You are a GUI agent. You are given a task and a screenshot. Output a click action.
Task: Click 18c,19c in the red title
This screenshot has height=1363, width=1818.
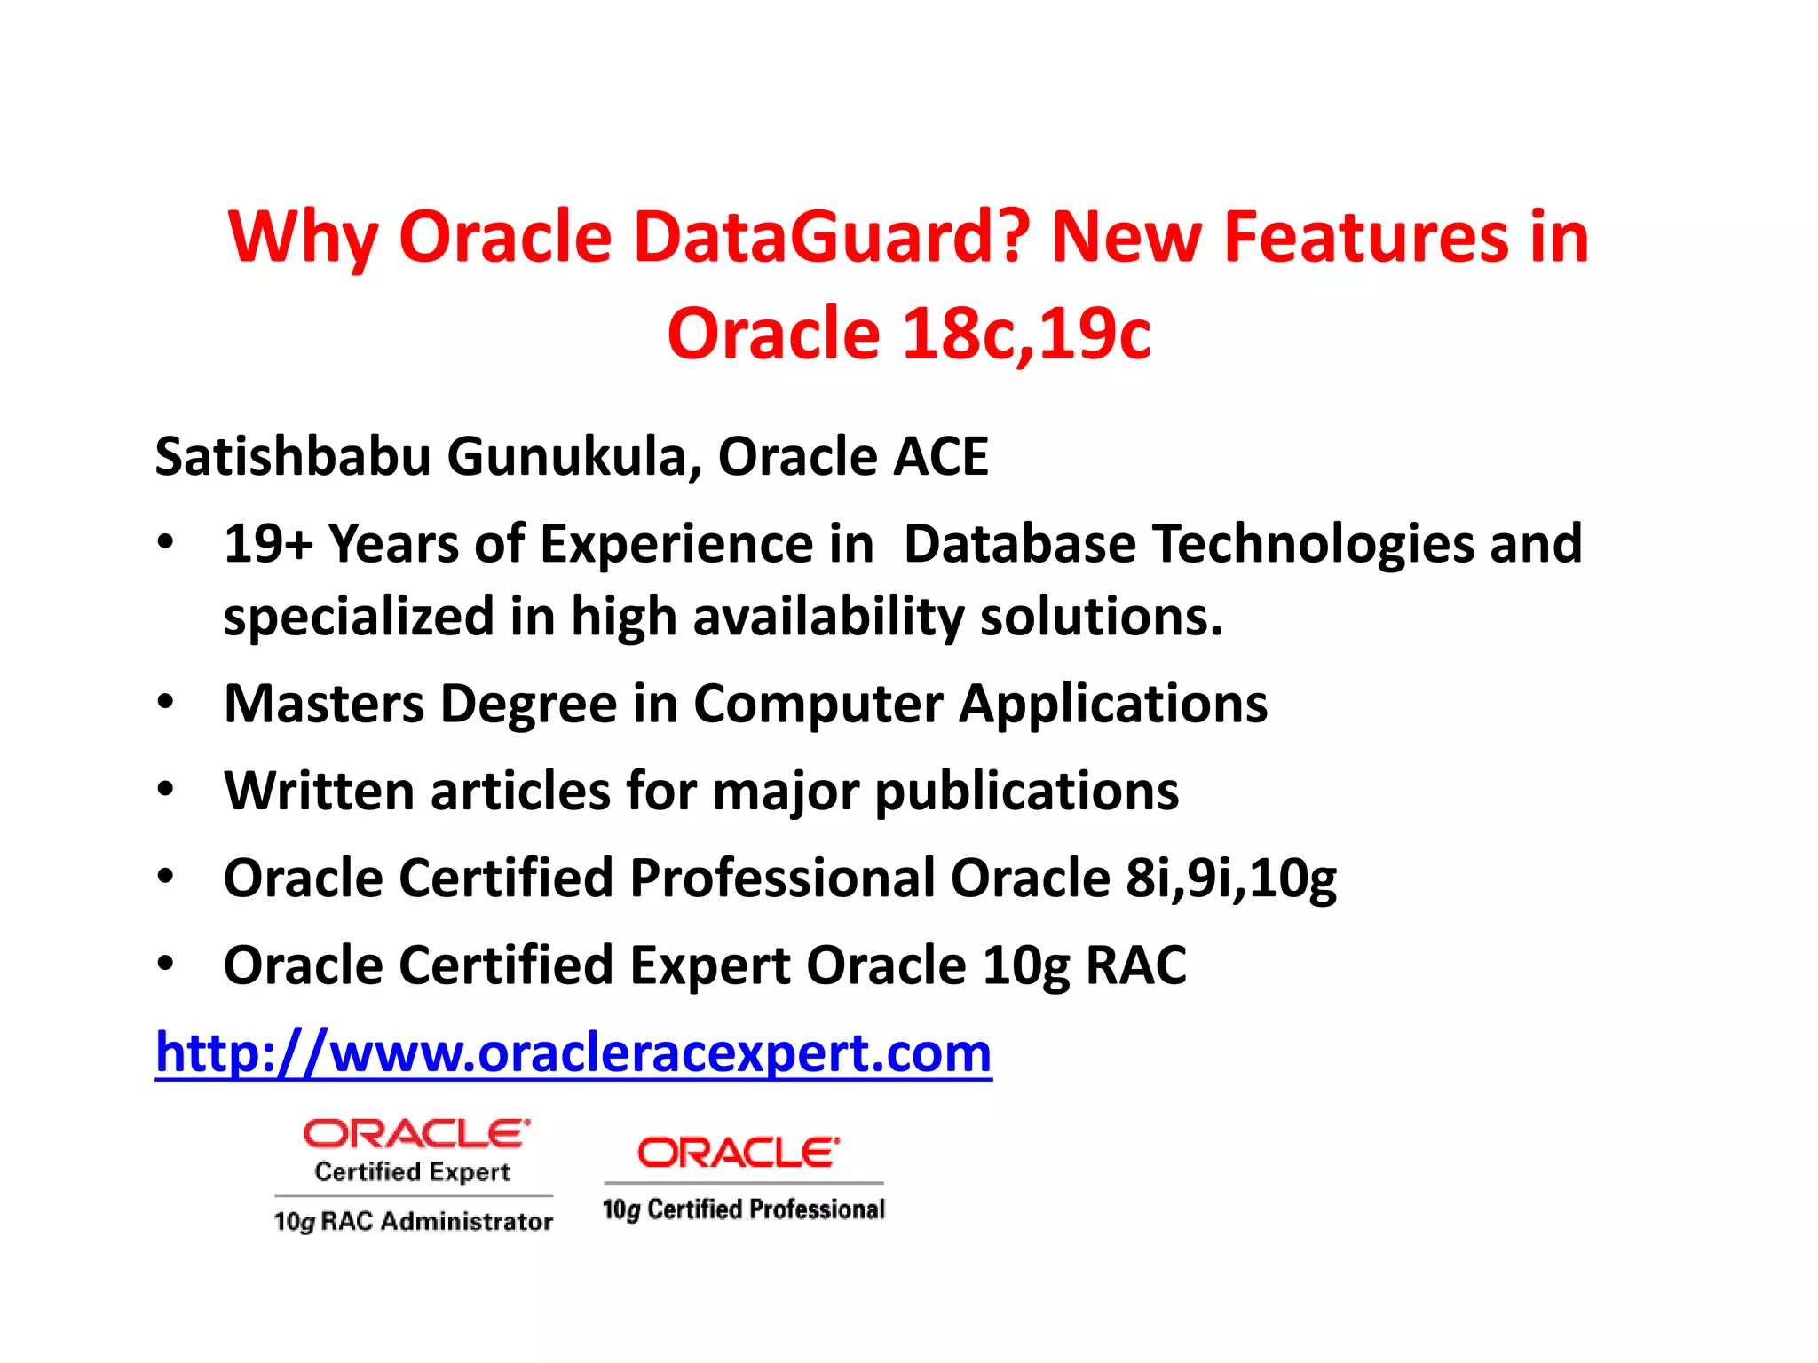(x=1026, y=335)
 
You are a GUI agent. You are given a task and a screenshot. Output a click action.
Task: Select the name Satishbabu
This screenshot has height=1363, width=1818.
(x=293, y=456)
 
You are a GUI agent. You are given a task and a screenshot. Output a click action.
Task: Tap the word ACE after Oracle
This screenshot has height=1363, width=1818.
(x=940, y=456)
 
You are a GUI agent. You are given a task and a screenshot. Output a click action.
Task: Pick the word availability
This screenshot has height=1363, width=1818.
(x=828, y=616)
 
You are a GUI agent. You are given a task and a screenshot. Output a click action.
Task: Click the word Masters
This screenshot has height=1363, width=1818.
(x=324, y=704)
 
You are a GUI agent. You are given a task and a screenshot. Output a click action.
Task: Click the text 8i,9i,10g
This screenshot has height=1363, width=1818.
(x=1230, y=878)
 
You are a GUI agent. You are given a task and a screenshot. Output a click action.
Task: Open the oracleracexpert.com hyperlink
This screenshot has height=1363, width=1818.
(x=573, y=1053)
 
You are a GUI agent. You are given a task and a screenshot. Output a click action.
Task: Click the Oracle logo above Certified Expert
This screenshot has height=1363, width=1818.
(x=416, y=1133)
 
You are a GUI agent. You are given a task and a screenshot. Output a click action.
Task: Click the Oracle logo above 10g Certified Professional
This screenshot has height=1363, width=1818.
(x=738, y=1152)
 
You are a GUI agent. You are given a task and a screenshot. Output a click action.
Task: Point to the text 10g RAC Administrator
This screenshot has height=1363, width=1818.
(x=413, y=1222)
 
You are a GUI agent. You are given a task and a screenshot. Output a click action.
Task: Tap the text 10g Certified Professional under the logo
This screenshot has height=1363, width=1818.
(x=744, y=1209)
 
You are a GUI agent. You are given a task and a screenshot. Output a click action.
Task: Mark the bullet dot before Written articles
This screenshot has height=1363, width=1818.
(x=165, y=788)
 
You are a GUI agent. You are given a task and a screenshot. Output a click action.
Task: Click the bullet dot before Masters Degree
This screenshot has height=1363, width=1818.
(x=165, y=701)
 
